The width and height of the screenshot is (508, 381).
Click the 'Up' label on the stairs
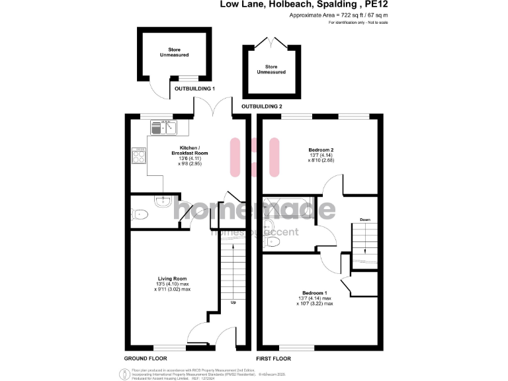(x=233, y=303)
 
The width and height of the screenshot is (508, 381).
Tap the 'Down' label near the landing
(x=364, y=219)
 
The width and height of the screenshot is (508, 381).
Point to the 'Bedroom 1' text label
(x=314, y=293)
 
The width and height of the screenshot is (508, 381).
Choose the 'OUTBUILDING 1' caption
(x=194, y=88)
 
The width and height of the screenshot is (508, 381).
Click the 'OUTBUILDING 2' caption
(x=262, y=106)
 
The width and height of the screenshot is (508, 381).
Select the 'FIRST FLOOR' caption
(x=275, y=358)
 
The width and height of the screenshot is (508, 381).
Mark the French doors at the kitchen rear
(x=212, y=106)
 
